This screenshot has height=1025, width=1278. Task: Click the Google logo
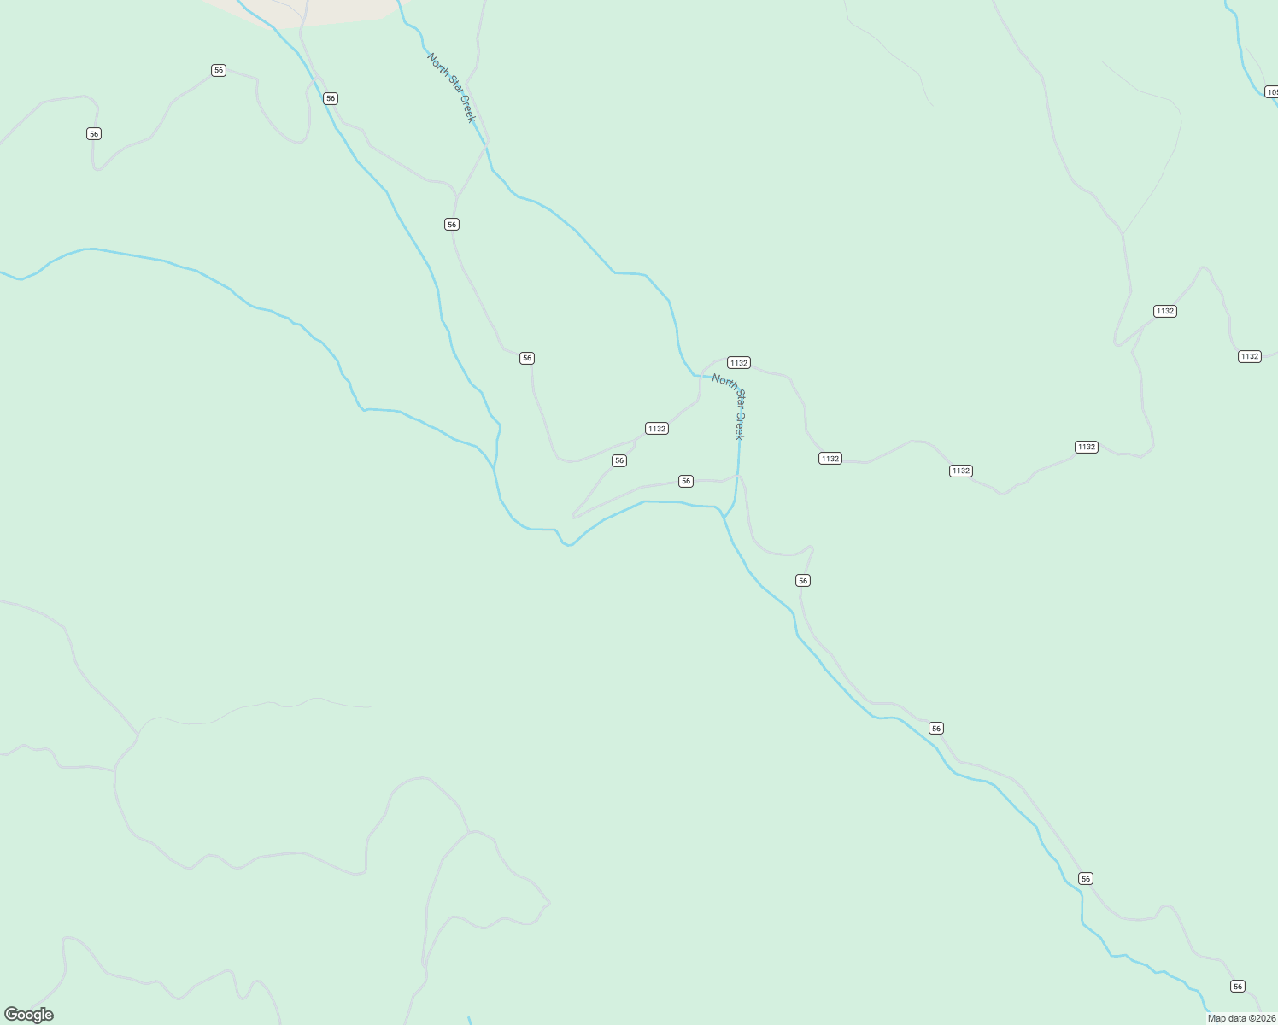[x=29, y=1015]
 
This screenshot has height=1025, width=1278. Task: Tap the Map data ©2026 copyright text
[x=1241, y=1018]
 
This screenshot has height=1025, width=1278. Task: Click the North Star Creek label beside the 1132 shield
[x=729, y=406]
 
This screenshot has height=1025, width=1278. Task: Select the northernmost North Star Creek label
[x=451, y=88]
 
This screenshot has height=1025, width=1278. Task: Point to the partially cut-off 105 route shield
[x=1271, y=92]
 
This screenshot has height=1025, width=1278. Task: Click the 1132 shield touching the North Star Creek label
[x=739, y=363]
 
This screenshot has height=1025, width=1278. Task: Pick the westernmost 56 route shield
[x=94, y=133]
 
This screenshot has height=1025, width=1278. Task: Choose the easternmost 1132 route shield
[x=1250, y=356]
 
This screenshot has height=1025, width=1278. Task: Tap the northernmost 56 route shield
[x=219, y=70]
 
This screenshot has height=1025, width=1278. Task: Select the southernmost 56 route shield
[x=1238, y=987]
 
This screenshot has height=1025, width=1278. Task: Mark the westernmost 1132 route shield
[x=657, y=429]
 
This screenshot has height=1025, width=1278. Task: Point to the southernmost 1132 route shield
[x=961, y=471]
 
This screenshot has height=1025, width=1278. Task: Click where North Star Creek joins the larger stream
[x=724, y=517]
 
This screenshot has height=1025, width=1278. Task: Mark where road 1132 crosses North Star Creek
[x=701, y=376]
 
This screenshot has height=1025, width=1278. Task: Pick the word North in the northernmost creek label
[x=437, y=65]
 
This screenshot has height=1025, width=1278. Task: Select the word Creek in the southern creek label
[x=740, y=426]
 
